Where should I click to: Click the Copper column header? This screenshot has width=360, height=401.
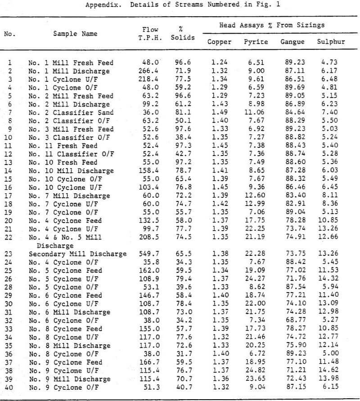point(219,42)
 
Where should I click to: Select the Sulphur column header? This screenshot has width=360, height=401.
point(331,42)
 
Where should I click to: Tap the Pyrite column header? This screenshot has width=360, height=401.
point(256,42)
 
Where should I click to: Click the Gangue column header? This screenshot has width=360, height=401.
point(292,42)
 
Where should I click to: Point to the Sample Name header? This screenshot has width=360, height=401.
point(75,34)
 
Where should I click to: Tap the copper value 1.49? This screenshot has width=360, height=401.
point(221,112)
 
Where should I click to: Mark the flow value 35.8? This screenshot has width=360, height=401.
point(153,262)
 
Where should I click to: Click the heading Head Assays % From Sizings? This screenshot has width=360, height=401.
point(272,26)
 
